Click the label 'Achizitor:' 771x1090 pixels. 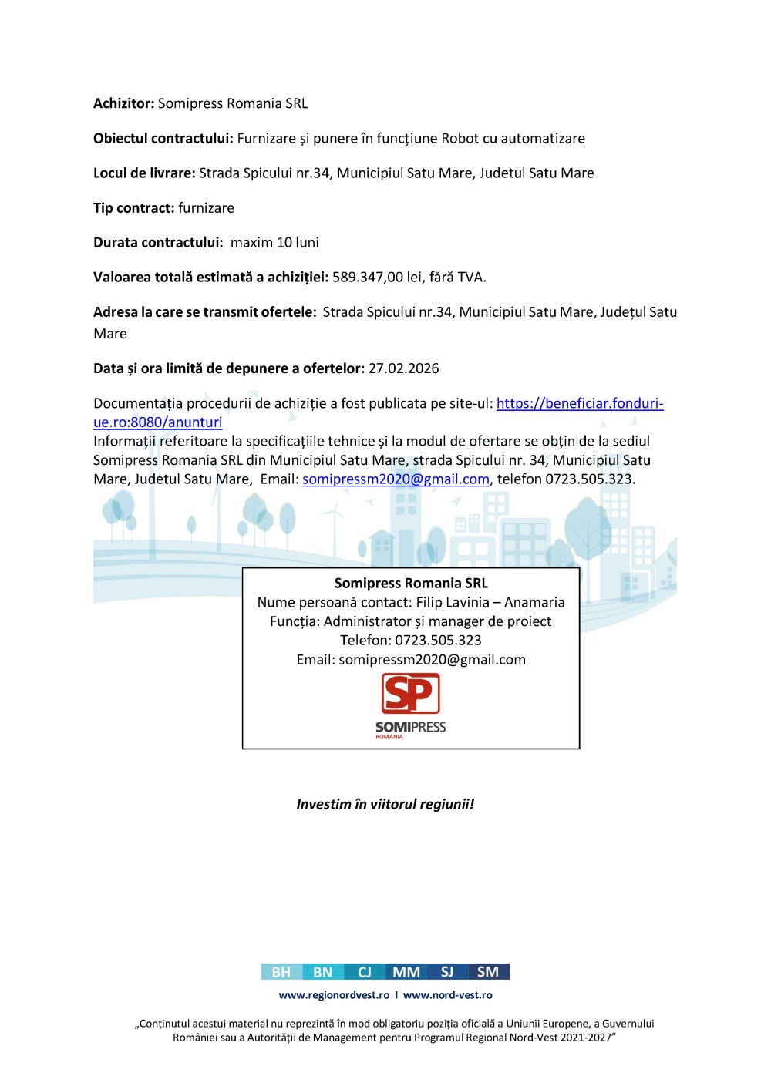(x=123, y=103)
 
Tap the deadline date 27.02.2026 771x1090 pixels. (x=403, y=368)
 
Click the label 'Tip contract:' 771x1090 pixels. (x=133, y=208)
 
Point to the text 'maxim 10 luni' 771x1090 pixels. (x=274, y=243)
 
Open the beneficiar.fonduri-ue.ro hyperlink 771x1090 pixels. (x=579, y=403)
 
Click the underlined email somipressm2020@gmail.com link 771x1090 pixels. (x=396, y=479)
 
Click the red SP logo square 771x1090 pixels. (x=410, y=694)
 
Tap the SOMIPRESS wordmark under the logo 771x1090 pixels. (x=410, y=727)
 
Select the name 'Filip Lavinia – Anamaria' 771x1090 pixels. (x=490, y=603)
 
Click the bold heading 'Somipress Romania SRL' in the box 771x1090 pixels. (x=411, y=584)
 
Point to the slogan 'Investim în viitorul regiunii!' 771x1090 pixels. (x=385, y=804)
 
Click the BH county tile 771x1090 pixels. (x=281, y=972)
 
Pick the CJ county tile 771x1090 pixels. (x=365, y=972)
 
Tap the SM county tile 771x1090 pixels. (x=488, y=972)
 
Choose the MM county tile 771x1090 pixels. (x=406, y=972)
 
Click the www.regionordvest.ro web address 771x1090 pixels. (x=334, y=995)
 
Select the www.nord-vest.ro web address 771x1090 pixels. (x=447, y=995)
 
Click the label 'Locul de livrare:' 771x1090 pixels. (x=144, y=173)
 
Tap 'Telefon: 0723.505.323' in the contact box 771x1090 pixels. (x=411, y=641)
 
